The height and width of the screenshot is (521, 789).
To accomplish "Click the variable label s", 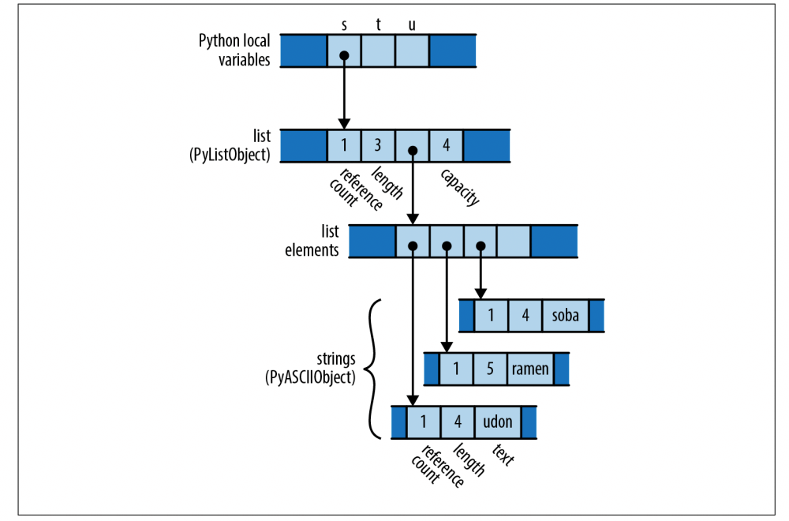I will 344,24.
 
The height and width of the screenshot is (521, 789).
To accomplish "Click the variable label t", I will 378,24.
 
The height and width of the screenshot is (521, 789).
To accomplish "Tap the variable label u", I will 412,24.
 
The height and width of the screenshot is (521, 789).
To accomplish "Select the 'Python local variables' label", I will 234,51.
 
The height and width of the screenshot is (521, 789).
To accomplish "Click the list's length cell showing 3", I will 378,146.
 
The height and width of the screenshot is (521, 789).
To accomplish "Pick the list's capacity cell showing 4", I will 447,146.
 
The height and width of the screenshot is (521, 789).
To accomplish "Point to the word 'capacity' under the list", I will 460,186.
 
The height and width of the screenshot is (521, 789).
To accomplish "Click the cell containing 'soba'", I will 566,316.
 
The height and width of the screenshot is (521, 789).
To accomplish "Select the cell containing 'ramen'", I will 530,369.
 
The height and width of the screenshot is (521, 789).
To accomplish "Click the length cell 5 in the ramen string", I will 491,369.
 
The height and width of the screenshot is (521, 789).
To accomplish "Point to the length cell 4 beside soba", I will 525,316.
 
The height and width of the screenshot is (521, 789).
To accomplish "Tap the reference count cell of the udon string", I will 424,422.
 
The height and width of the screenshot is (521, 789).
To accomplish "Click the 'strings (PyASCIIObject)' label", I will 310,369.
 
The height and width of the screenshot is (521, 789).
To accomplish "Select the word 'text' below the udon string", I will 503,455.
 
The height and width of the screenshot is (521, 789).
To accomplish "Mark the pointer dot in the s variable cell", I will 344,56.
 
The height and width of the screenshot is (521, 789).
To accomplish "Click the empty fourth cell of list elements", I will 514,241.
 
